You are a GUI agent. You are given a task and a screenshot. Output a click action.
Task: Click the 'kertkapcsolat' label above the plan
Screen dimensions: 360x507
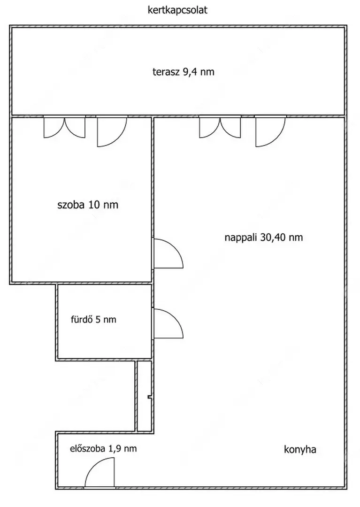177,10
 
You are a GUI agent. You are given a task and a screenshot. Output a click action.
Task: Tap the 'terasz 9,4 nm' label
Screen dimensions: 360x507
183,72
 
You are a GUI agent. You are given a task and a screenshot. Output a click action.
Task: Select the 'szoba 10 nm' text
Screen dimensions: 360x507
88,205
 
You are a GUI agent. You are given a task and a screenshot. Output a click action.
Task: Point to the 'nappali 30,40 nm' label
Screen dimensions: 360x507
264,238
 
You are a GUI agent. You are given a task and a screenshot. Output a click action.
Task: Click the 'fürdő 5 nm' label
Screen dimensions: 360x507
93,320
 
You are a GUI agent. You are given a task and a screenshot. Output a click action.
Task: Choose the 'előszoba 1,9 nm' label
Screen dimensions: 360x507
103,449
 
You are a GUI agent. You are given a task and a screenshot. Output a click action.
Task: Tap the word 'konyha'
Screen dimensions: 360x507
300,449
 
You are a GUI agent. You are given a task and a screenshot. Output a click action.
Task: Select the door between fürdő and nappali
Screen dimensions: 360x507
168,323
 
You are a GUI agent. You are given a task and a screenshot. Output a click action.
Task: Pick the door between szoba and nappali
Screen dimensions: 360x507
168,253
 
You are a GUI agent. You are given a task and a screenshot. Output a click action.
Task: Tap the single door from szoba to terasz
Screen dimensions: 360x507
112,131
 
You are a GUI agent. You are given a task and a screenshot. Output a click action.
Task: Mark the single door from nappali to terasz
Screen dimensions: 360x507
270,131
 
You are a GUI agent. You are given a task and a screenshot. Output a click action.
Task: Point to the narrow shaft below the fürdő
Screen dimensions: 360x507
145,396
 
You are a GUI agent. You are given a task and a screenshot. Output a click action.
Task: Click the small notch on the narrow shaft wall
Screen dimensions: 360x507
149,397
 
